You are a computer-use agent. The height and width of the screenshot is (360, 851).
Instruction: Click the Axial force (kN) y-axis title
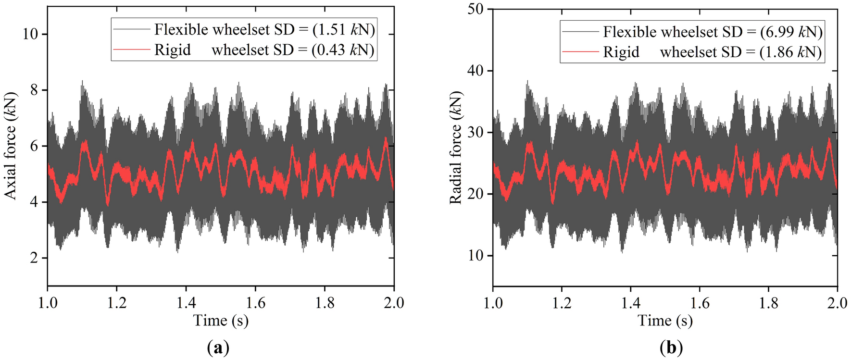[x=11, y=146]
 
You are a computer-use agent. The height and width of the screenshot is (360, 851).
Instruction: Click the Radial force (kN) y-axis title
[x=456, y=148]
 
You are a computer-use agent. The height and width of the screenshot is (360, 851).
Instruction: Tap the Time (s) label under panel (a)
[x=221, y=321]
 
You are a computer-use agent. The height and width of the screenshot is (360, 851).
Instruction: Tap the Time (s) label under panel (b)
[x=665, y=321]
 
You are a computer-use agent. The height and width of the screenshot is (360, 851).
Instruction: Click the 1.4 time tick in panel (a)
[x=186, y=303]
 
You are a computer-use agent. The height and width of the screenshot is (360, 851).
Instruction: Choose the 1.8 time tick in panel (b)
[x=768, y=303]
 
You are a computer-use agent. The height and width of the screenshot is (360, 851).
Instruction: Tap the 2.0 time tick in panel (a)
[x=394, y=303]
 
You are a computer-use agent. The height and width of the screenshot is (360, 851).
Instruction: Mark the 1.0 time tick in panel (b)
[x=493, y=303]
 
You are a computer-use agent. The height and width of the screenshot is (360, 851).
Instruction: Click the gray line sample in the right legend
[x=580, y=32]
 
